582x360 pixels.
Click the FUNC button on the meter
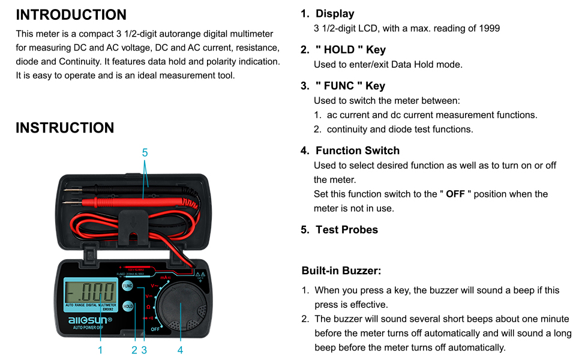pyautogui.click(x=128, y=286)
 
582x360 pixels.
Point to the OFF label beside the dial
pyautogui.click(x=155, y=329)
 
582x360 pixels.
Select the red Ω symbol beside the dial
pyautogui.click(x=148, y=306)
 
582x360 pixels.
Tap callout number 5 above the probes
pyautogui.click(x=145, y=153)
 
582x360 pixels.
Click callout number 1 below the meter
pyautogui.click(x=100, y=350)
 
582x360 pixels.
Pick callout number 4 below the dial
pyautogui.click(x=180, y=350)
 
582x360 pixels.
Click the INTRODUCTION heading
pyautogui.click(x=71, y=15)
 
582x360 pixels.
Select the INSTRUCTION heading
pyautogui.click(x=65, y=128)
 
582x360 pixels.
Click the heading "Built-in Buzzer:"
pyautogui.click(x=341, y=271)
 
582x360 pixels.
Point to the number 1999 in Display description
pyautogui.click(x=488, y=28)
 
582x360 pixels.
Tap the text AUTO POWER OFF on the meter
pyautogui.click(x=88, y=328)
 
